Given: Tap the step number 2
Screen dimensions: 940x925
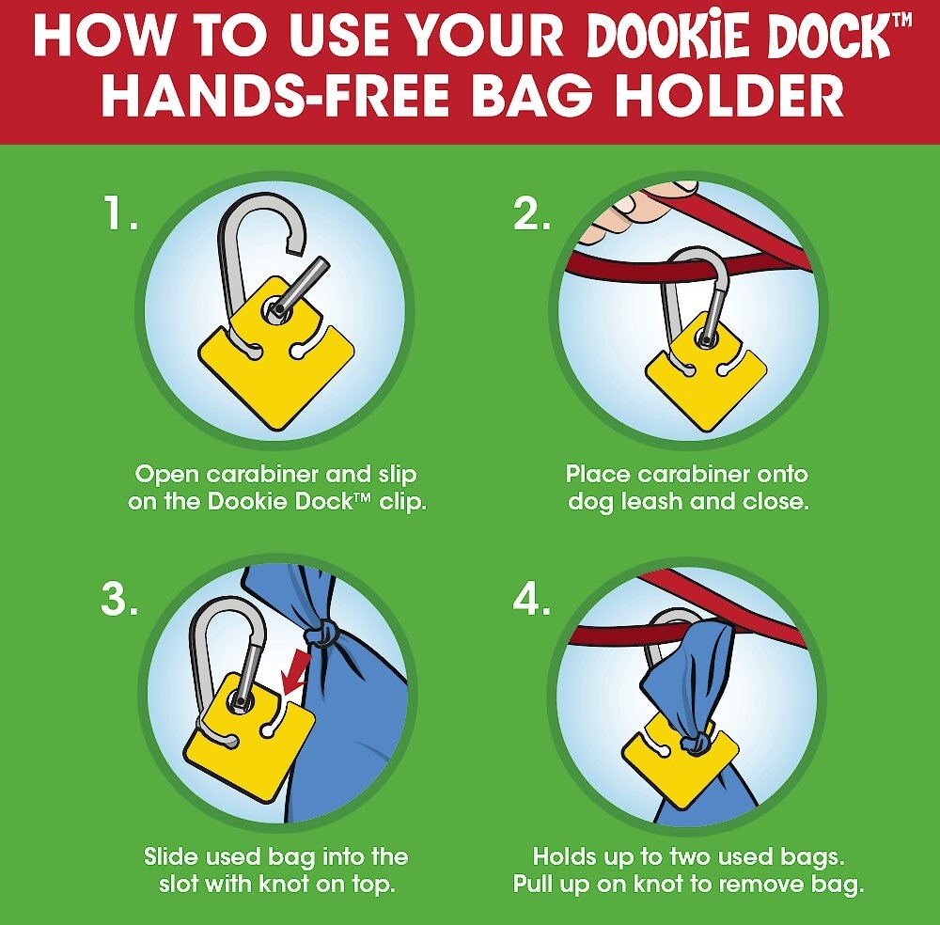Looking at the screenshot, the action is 532,214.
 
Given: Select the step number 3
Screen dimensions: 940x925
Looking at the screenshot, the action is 119,598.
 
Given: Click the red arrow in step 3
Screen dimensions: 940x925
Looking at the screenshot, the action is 296,672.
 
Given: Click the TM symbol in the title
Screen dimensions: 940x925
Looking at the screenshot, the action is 901,20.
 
